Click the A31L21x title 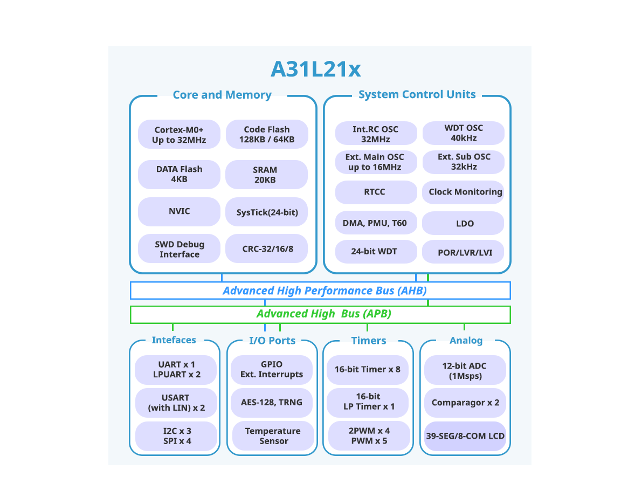click(315, 70)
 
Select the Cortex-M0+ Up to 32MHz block click(179, 135)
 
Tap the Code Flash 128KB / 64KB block click(267, 135)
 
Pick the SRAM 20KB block click(266, 175)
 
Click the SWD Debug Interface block click(179, 249)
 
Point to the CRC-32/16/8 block click(266, 249)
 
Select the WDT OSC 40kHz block click(463, 133)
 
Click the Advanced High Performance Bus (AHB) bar click(320, 290)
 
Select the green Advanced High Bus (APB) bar click(320, 314)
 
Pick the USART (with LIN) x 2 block click(176, 403)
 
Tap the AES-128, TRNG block click(272, 402)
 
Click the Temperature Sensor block click(273, 436)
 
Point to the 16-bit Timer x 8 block click(367, 370)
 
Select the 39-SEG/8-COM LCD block click(465, 436)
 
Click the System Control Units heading click(417, 95)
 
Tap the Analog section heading click(466, 341)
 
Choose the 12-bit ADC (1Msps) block click(465, 370)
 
